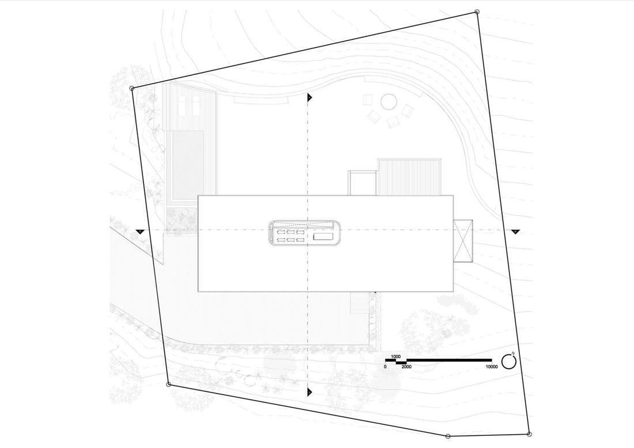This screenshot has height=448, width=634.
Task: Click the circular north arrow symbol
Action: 508,361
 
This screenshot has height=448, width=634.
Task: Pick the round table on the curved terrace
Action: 388,102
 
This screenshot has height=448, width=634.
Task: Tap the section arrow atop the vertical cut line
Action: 310,97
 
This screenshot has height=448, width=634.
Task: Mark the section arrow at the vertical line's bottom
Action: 310,392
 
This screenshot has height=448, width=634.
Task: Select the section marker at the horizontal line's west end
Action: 139,231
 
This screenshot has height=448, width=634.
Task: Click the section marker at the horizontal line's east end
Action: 515,231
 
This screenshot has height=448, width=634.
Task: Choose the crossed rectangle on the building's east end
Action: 463,240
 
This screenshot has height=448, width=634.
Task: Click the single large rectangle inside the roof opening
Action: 323,236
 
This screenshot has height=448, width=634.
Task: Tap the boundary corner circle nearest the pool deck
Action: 132,88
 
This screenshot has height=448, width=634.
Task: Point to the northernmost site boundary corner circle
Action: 477,12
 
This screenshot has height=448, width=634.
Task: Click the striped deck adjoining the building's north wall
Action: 410,177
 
